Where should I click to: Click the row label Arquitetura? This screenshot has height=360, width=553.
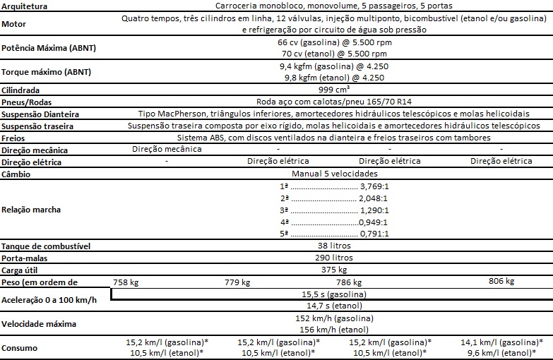(x=24, y=6)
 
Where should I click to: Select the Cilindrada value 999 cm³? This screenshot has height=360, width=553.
(x=331, y=90)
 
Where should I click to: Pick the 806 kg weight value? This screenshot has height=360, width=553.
(x=500, y=281)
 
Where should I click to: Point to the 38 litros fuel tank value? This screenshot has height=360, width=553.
(x=331, y=246)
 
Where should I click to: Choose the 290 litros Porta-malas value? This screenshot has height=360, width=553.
(x=331, y=258)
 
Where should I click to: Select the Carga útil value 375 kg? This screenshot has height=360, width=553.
(x=331, y=269)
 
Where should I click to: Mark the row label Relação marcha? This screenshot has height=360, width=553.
(x=31, y=210)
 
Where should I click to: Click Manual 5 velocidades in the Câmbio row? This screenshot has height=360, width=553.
(x=331, y=173)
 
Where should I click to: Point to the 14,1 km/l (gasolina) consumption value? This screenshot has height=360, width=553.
(x=505, y=342)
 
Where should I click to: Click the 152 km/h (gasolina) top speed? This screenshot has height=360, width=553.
(x=331, y=319)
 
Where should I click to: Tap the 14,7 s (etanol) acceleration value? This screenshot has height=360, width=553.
(x=331, y=306)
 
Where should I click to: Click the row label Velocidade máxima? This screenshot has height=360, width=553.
(x=40, y=325)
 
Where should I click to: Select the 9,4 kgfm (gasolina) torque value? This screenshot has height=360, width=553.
(x=331, y=66)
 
